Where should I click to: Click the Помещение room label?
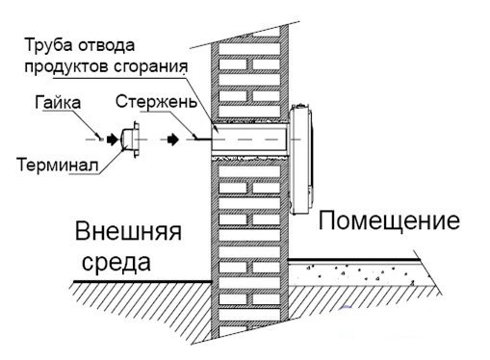387,222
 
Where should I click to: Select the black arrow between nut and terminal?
111,140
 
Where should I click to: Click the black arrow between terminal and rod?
170,140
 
